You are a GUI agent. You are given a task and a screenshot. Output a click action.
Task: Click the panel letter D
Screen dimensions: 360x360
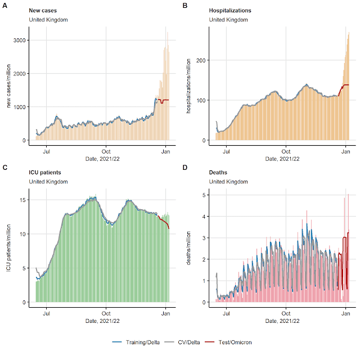click(x=186, y=167)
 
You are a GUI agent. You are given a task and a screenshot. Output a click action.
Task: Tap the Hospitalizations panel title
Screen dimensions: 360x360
click(x=230, y=11)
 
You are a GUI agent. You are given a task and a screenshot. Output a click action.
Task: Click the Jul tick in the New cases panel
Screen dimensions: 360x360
click(x=47, y=151)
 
